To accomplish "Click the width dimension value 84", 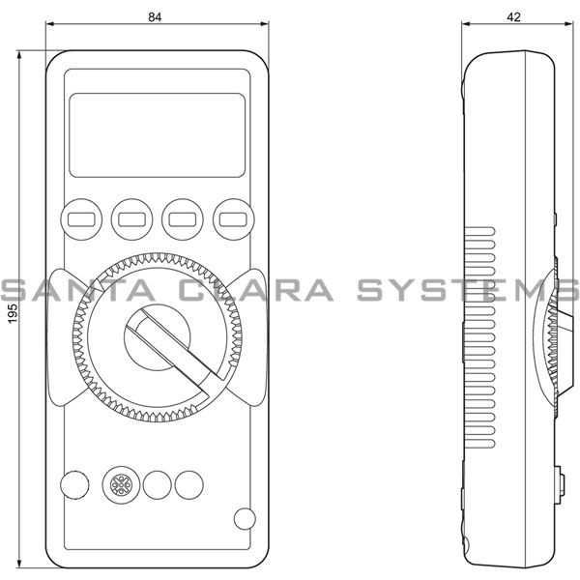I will [x=157, y=16].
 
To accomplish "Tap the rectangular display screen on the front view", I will [x=157, y=134].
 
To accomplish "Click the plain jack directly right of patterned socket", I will [x=158, y=483].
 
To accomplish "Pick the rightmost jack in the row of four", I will [x=190, y=483].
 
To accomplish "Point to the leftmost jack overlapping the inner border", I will [x=72, y=483].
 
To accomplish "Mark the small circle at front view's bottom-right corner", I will [x=245, y=518].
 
